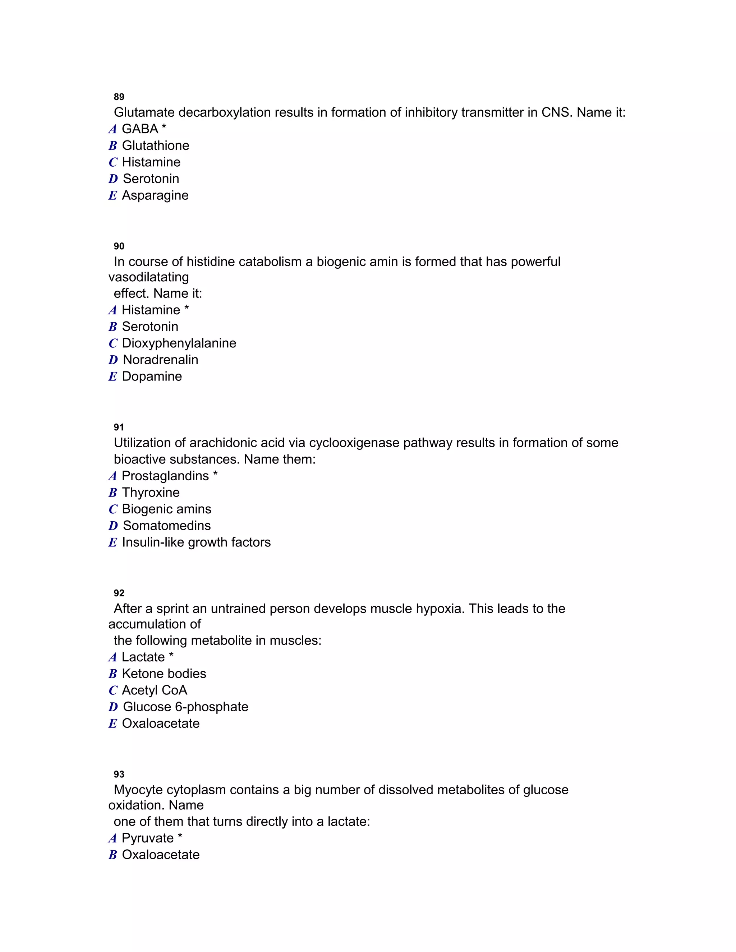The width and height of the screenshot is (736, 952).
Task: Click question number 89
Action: pyautogui.click(x=119, y=97)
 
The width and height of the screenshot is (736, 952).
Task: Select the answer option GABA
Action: pyautogui.click(x=139, y=129)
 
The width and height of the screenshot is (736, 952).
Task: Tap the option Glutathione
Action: pyautogui.click(x=155, y=145)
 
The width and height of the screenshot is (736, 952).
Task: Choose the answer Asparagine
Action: pyautogui.click(x=155, y=195)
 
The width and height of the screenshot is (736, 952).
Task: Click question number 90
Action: pyautogui.click(x=119, y=246)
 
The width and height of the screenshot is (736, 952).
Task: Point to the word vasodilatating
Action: pyautogui.click(x=148, y=277)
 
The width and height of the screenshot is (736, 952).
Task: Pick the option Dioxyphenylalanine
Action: pyautogui.click(x=179, y=343)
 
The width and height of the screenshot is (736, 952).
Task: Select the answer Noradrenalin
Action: pyautogui.click(x=160, y=360)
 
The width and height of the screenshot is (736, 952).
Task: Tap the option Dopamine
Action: pyautogui.click(x=152, y=376)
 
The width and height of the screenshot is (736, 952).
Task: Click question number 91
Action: pyautogui.click(x=119, y=427)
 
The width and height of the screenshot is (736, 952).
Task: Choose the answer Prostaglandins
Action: pyautogui.click(x=165, y=476)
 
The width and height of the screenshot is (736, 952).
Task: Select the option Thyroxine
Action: pyautogui.click(x=151, y=493)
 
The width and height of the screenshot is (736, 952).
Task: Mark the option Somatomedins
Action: pyautogui.click(x=166, y=526)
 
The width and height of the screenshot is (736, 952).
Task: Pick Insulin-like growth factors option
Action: pyautogui.click(x=196, y=542)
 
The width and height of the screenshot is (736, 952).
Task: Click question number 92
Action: pyautogui.click(x=119, y=593)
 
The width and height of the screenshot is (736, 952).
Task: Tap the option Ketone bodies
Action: pyautogui.click(x=164, y=674)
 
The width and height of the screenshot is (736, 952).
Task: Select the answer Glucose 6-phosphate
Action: pyautogui.click(x=185, y=707)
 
